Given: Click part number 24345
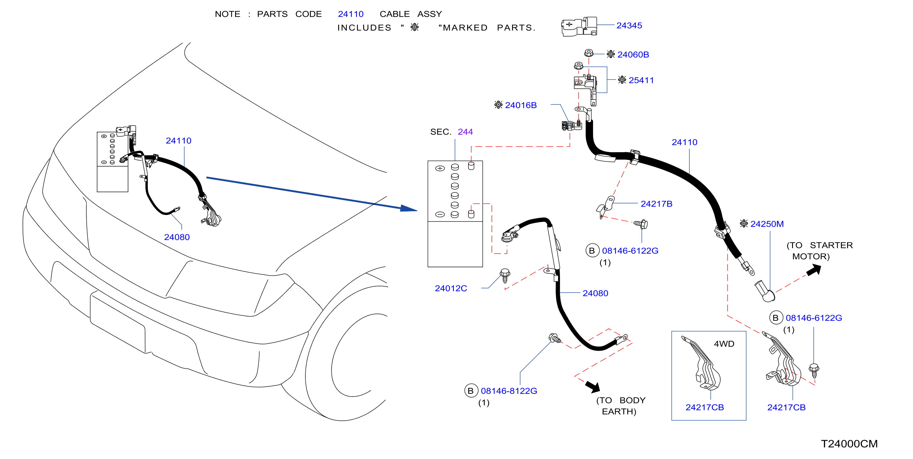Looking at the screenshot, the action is (x=629, y=26).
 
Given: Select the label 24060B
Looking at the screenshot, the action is (x=633, y=54).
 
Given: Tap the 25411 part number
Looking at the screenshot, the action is (x=641, y=80).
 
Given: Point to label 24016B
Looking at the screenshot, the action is (x=521, y=105).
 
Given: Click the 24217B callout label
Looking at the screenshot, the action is (x=657, y=204).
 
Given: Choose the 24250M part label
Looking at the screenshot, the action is (x=767, y=224).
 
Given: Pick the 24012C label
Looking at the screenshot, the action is (x=451, y=288).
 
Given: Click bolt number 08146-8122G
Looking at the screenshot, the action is (x=509, y=391).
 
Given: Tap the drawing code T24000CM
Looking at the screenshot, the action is (x=849, y=444).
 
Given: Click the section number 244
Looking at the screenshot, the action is (x=465, y=132).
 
